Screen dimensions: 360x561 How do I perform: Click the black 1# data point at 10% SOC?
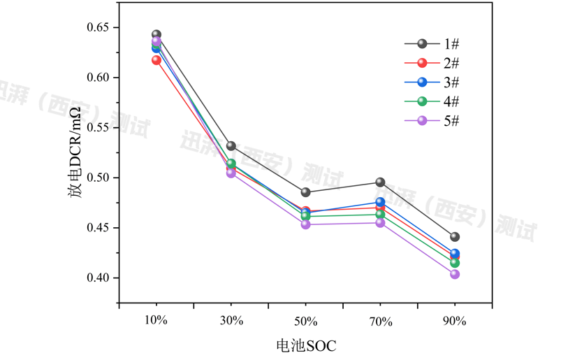coord(156,34)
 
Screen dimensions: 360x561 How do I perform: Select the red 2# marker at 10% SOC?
coord(156,60)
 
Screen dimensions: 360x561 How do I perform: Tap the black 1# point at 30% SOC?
coord(231,146)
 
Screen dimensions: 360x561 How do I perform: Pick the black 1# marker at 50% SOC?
coord(305,192)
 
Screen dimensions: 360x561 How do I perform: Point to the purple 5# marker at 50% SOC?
coord(305,224)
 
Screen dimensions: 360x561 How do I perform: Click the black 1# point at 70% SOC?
coord(380,182)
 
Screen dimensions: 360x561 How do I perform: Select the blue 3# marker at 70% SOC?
coord(380,203)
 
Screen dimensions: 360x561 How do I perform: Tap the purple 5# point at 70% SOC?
coord(380,222)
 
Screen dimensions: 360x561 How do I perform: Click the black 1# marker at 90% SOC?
coord(455,237)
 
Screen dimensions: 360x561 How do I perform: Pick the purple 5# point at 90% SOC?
coord(455,274)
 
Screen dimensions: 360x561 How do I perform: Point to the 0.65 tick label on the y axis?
coord(98,28)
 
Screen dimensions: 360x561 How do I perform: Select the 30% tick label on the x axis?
coord(231,321)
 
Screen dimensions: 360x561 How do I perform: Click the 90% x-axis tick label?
coord(455,321)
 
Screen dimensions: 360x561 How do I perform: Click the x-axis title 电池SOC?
coord(306,345)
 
